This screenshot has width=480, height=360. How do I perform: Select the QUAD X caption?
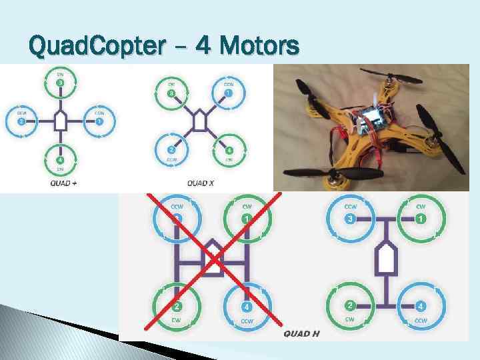point(200,182)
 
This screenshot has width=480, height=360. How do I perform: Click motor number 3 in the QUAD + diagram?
point(60,83)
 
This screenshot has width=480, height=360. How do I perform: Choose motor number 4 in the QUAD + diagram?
point(60,160)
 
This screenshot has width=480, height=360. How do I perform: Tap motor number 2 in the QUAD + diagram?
point(22,122)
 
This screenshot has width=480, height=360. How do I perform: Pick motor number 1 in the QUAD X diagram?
point(228,93)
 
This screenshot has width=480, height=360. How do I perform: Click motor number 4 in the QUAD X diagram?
point(229,151)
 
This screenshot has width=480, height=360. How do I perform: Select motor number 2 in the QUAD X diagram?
point(171,151)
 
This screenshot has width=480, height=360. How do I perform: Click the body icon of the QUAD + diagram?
point(60,121)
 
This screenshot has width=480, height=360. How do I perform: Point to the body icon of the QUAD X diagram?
point(200,121)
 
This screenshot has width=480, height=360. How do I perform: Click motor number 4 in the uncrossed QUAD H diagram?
point(421,306)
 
